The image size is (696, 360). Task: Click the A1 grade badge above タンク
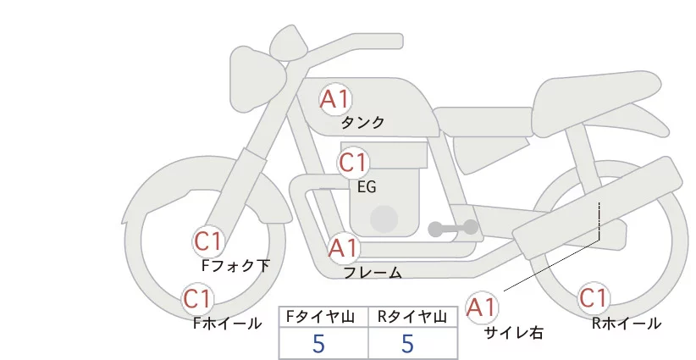[335, 99]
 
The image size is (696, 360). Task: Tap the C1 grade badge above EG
[353, 162]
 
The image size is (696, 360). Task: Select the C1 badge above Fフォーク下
[208, 241]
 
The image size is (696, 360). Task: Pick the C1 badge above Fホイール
[198, 299]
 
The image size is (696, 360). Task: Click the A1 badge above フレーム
[344, 249]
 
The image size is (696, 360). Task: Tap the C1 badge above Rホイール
[594, 299]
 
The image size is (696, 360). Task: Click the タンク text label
[362, 123]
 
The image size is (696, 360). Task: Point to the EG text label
[367, 186]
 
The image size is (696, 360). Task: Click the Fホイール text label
[227, 324]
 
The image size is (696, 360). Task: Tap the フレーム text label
[372, 273]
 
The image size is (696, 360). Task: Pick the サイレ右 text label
[513, 333]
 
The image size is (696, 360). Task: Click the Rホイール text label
[627, 324]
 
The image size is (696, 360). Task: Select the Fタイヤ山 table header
[323, 317]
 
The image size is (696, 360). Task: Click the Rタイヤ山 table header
[412, 317]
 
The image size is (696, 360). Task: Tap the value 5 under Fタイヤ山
[319, 344]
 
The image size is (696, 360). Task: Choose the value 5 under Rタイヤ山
[408, 344]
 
